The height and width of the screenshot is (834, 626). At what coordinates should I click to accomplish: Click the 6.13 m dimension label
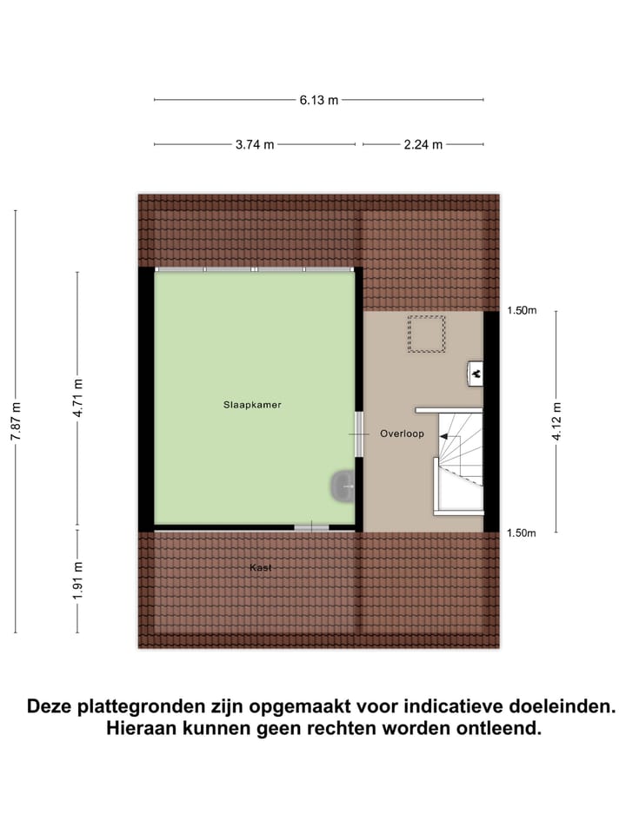318,100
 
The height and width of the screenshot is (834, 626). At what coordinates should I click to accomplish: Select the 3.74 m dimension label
255,145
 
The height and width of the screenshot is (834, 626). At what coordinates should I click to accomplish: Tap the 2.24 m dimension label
423,145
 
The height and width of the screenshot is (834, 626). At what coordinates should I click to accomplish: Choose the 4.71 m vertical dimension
77,399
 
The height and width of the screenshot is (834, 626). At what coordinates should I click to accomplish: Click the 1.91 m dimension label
77,580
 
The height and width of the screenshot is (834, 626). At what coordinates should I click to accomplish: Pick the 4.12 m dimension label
556,422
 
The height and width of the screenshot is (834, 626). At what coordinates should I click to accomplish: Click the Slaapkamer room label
252,405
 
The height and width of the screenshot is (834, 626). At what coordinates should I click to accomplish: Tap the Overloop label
402,433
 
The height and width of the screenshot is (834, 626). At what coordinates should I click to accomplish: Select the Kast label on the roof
261,567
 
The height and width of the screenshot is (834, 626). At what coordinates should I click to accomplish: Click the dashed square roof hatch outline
427,334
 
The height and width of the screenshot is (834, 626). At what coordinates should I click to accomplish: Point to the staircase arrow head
443,440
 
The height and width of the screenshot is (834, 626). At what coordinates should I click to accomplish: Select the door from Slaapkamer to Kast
311,526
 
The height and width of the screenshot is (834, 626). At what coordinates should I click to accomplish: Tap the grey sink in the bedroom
341,486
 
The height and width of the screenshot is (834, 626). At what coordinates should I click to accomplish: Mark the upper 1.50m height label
522,311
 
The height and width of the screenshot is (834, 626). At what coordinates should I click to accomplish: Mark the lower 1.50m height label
522,533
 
